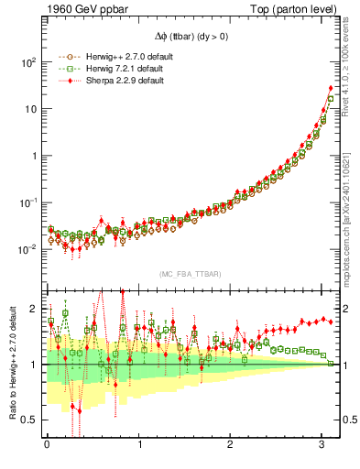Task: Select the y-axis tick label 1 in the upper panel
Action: tap(33, 156)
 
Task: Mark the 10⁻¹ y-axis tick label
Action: tap(27, 202)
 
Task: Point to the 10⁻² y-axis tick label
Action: tap(27, 248)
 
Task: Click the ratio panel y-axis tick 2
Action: tap(35, 309)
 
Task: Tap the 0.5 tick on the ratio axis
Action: tap(30, 420)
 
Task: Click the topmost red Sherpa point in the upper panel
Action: tap(331, 89)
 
